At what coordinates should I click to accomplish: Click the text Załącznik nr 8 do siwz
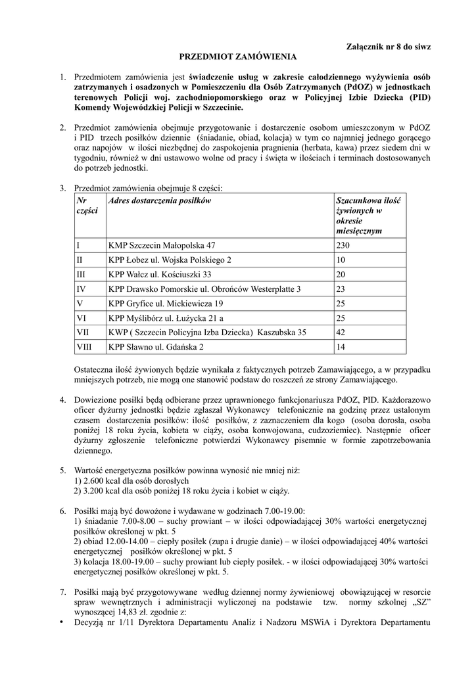pyautogui.click(x=388, y=47)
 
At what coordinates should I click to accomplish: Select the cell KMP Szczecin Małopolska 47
pyautogui.click(x=162, y=245)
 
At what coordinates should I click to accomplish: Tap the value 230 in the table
pyautogui.click(x=343, y=245)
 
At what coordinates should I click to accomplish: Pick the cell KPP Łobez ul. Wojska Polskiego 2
pyautogui.click(x=170, y=260)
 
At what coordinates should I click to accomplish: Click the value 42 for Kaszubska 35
pyautogui.click(x=341, y=332)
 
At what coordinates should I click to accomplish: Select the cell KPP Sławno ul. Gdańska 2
pyautogui.click(x=156, y=346)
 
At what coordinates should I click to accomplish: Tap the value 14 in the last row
pyautogui.click(x=341, y=346)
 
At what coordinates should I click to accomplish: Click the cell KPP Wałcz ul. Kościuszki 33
pyautogui.click(x=160, y=274)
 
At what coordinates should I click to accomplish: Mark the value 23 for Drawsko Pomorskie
pyautogui.click(x=341, y=289)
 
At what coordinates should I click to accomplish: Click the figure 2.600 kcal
pyautogui.click(x=99, y=480)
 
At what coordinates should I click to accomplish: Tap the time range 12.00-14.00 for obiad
pyautogui.click(x=130, y=541)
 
